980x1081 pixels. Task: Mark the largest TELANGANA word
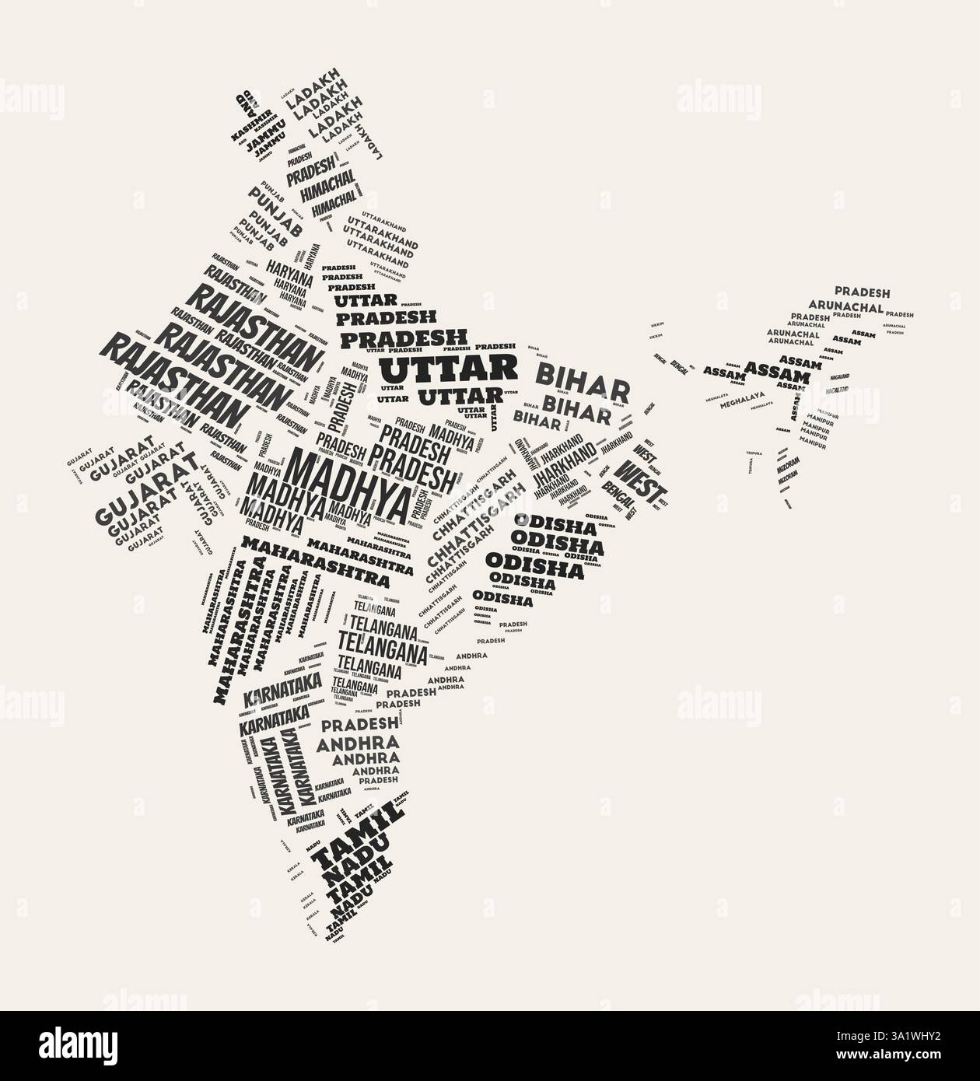382,645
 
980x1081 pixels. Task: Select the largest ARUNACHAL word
845,306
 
